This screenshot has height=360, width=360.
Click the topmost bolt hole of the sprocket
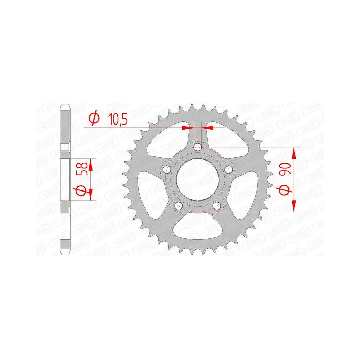click(198, 147)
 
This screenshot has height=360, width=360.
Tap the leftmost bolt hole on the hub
click(166, 170)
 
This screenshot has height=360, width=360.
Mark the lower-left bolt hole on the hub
click(178, 206)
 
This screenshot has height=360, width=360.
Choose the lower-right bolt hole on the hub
click(217, 206)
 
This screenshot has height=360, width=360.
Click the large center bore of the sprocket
click(198, 180)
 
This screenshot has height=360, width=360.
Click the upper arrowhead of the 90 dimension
click(294, 153)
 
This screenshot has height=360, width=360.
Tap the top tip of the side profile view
click(64, 105)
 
